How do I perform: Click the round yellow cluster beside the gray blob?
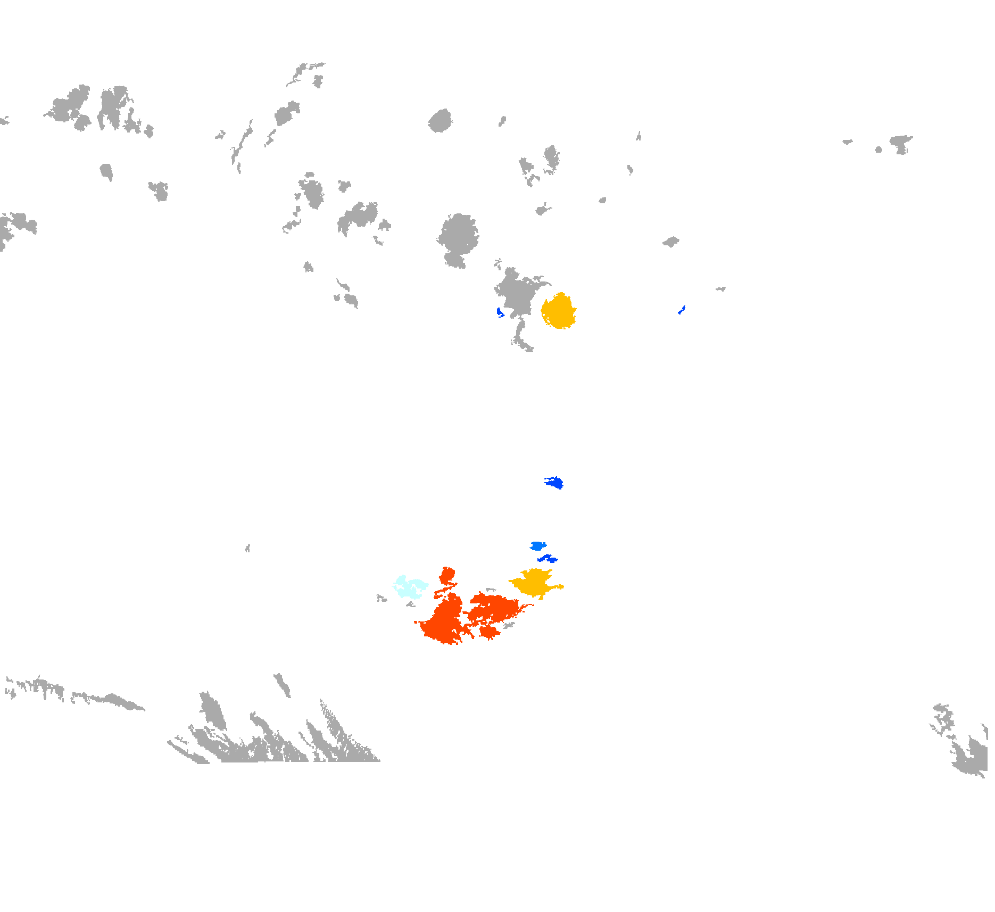click(559, 311)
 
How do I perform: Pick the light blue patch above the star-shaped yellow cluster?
click(538, 545)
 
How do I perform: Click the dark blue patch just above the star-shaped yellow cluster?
click(547, 558)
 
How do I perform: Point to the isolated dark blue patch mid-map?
click(555, 482)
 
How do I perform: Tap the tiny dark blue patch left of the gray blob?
click(500, 313)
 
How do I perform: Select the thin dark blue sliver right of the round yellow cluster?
click(681, 310)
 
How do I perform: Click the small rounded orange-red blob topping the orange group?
click(447, 575)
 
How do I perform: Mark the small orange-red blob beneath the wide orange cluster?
click(488, 632)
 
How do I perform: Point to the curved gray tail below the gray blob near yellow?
click(521, 338)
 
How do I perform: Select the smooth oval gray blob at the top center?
click(441, 121)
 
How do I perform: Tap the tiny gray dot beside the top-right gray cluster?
click(878, 150)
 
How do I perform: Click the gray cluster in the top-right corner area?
click(900, 143)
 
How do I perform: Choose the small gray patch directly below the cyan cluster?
click(410, 604)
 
